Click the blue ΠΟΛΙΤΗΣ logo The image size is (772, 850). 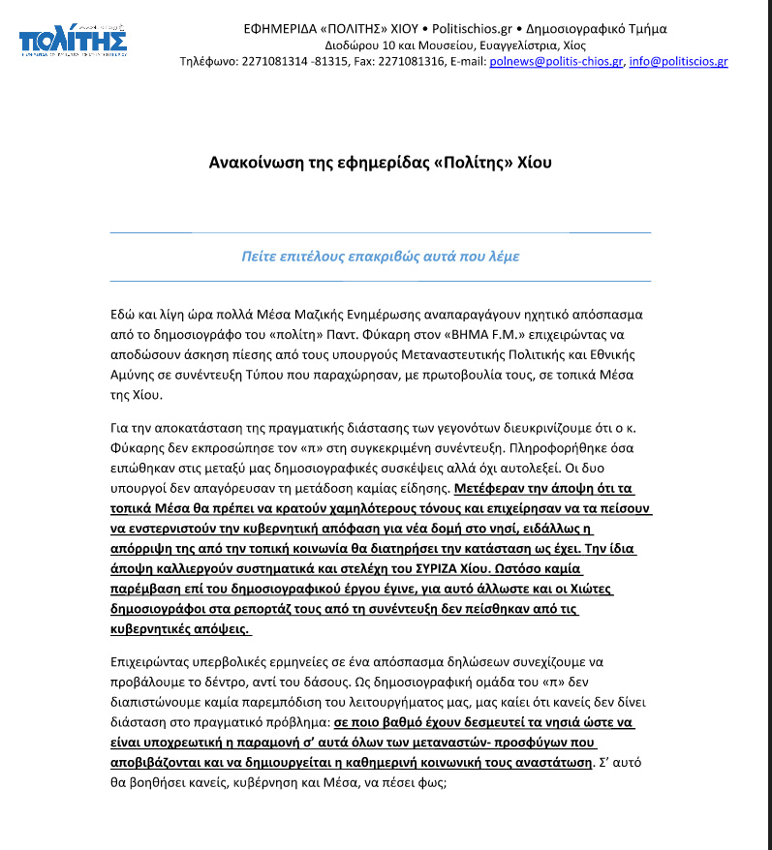[73, 42]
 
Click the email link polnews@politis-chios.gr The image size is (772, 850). [557, 62]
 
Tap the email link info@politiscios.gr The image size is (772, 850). [678, 62]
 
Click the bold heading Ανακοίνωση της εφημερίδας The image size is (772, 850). [381, 163]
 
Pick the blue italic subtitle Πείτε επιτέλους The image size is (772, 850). [381, 257]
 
